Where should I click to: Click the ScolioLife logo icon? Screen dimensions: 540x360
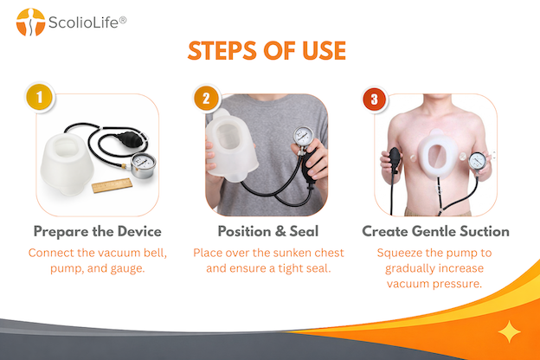[30, 22]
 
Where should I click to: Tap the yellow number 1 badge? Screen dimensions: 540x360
[39, 97]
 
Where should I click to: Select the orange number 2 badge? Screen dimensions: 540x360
[206, 99]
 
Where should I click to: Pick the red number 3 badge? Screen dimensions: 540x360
[375, 100]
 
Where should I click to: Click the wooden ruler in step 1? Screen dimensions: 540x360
[112, 185]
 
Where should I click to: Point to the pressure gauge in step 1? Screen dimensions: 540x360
[143, 165]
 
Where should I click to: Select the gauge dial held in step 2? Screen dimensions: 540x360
[304, 136]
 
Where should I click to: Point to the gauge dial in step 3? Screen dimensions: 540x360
[478, 161]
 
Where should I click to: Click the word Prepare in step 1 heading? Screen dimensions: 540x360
[61, 232]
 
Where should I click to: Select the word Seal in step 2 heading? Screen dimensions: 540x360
[304, 231]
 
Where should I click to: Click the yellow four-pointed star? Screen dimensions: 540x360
[510, 331]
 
